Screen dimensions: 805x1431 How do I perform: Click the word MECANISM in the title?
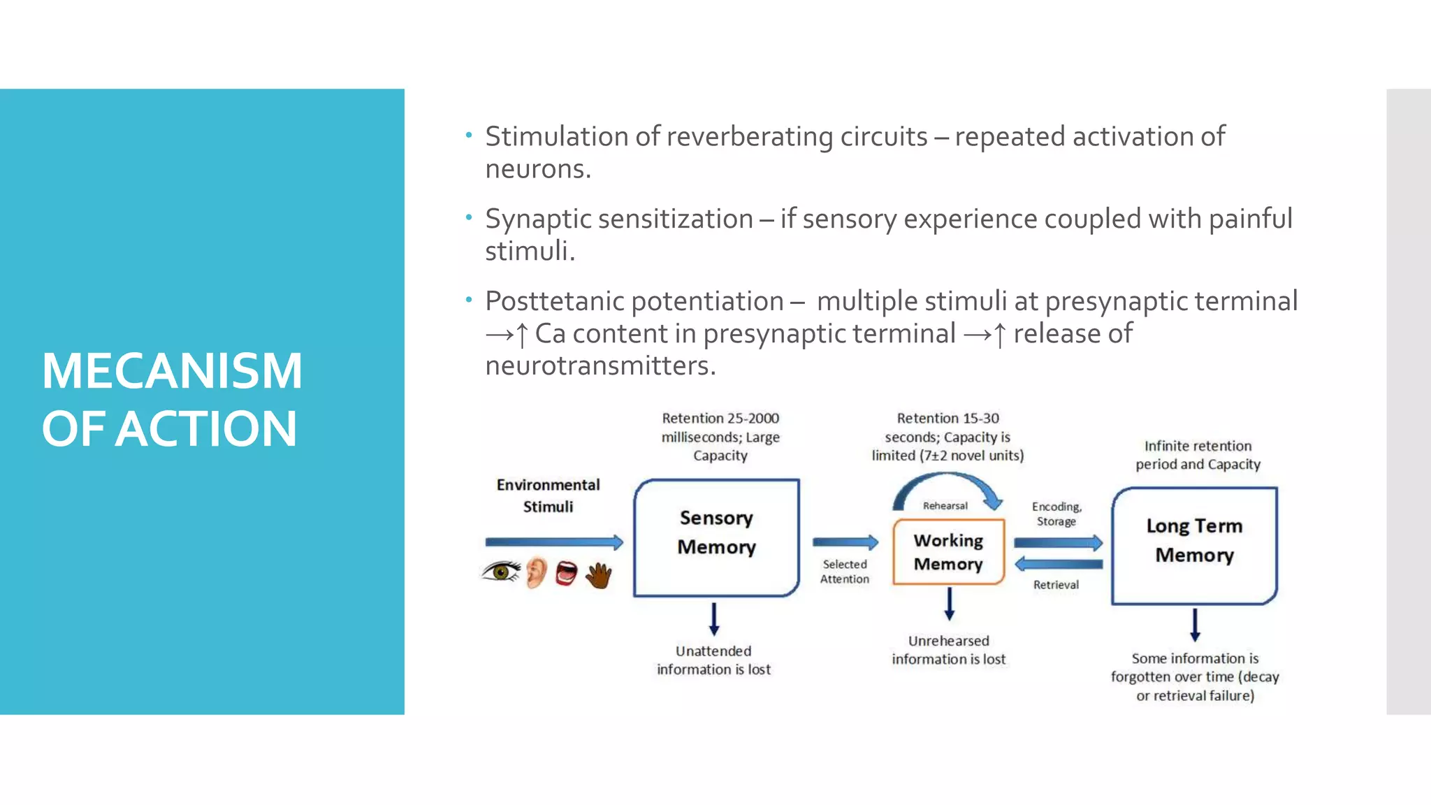pyautogui.click(x=172, y=371)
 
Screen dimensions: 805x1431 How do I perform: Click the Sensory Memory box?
pyautogui.click(x=716, y=537)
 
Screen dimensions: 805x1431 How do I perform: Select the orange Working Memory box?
pyautogui.click(x=948, y=552)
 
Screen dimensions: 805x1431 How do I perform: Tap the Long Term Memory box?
pyautogui.click(x=1194, y=545)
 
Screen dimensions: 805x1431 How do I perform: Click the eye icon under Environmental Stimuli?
pyautogui.click(x=501, y=572)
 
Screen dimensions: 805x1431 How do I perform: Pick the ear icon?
pyautogui.click(x=536, y=572)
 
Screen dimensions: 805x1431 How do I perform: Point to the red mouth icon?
pyautogui.click(x=566, y=574)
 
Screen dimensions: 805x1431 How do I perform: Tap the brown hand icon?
pyautogui.click(x=599, y=576)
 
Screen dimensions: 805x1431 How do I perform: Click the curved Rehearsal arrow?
pyautogui.click(x=947, y=483)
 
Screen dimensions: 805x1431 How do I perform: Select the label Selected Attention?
pyautogui.click(x=845, y=572)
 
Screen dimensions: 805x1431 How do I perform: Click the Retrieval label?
pyautogui.click(x=1056, y=585)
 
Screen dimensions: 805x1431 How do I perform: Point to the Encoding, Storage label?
pyautogui.click(x=1056, y=514)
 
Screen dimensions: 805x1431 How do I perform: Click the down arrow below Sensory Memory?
pyautogui.click(x=713, y=618)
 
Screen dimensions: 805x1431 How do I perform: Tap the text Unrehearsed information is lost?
pyautogui.click(x=948, y=650)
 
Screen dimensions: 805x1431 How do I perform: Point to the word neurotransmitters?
pyautogui.click(x=600, y=366)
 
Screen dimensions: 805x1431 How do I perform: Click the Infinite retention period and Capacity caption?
pyautogui.click(x=1198, y=455)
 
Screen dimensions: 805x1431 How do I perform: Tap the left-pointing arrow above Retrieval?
pyautogui.click(x=1059, y=564)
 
